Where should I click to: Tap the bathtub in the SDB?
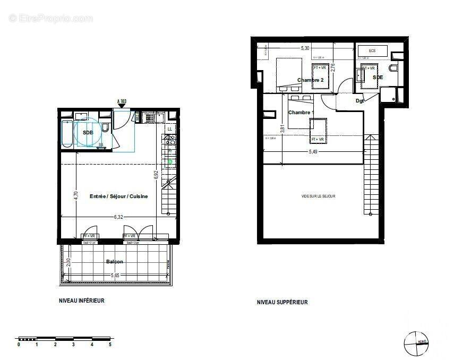point(67,135)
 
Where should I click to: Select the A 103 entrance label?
point(122,101)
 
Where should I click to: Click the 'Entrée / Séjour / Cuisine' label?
point(118,196)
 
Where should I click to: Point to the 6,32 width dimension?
point(119,216)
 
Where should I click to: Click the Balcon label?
point(114,262)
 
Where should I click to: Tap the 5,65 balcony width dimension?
point(116,276)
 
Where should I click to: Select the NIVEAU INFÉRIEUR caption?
point(81,301)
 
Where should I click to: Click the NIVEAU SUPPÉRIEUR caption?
point(282,302)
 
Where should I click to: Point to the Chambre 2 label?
point(310,80)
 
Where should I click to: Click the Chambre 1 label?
point(301,113)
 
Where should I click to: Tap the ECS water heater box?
point(372,51)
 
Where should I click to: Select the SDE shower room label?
point(378,78)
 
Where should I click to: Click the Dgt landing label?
point(359,101)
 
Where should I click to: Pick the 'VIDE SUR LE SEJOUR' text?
point(318,196)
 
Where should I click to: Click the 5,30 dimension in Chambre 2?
point(305,48)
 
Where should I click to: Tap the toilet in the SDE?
point(393,68)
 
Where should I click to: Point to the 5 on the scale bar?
point(110,345)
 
